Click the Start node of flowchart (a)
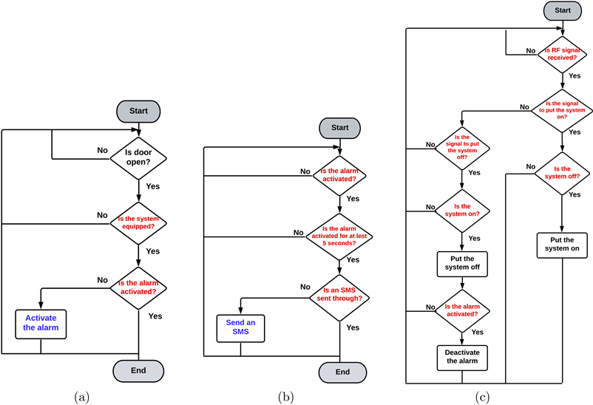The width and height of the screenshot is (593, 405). (x=138, y=111)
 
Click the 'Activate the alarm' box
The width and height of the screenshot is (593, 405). (x=41, y=323)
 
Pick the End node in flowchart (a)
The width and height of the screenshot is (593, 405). (x=138, y=370)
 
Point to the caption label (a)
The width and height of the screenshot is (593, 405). (x=81, y=397)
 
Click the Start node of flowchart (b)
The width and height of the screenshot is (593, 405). (x=339, y=127)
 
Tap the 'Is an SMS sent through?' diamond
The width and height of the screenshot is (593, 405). (x=339, y=294)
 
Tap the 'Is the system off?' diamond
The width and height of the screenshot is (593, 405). (x=562, y=172)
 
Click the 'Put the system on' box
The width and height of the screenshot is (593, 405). (x=562, y=245)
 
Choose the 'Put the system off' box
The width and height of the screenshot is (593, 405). (x=461, y=263)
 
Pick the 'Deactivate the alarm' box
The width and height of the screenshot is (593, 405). (x=461, y=357)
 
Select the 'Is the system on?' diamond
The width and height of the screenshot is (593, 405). (x=461, y=210)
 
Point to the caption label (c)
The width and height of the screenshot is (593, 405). (x=482, y=397)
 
